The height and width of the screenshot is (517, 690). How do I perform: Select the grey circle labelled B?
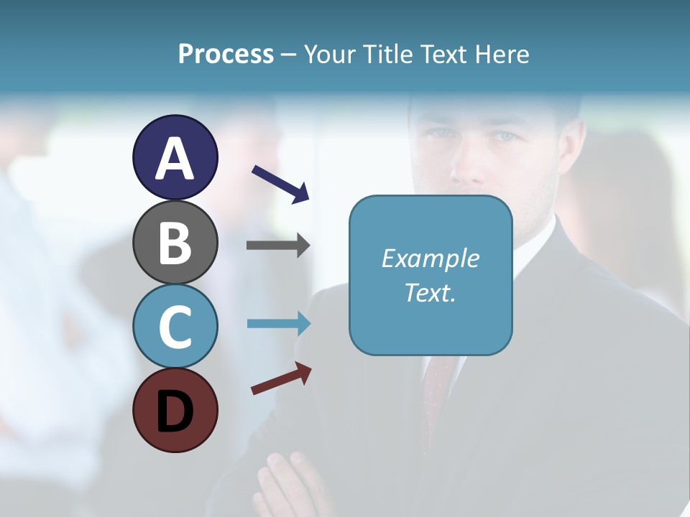[175, 242]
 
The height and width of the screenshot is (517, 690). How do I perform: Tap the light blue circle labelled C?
[175, 326]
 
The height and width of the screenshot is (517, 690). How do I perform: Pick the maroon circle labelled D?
[175, 410]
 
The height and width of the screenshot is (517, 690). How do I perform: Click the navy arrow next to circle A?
[280, 183]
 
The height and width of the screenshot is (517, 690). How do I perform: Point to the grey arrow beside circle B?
[278, 246]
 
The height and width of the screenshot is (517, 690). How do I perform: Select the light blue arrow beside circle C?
[278, 323]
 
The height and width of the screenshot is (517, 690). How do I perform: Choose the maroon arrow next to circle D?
[281, 378]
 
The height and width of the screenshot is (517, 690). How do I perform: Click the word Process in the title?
[226, 55]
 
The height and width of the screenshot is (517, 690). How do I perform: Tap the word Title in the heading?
[389, 55]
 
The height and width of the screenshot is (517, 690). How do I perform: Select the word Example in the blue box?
[430, 258]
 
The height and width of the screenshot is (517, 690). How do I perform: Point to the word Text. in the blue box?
[430, 293]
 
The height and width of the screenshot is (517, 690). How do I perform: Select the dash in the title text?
[289, 55]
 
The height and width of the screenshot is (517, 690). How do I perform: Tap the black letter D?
[175, 412]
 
